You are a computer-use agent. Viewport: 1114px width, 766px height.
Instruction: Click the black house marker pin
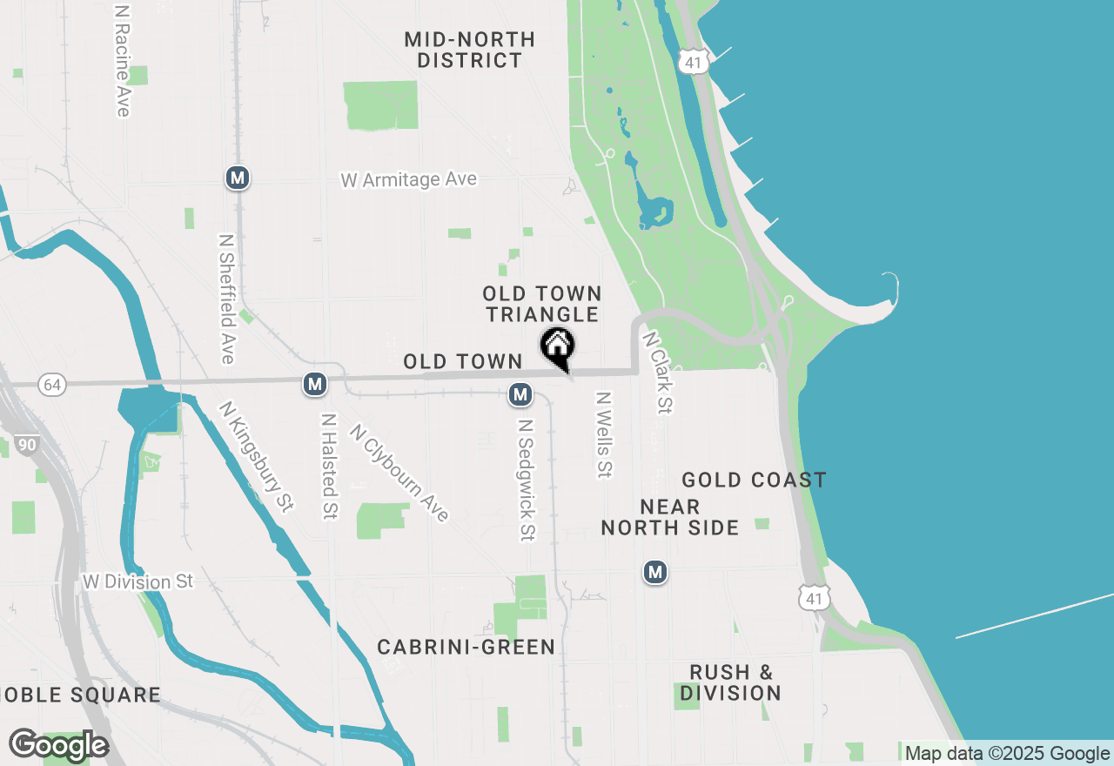point(557,346)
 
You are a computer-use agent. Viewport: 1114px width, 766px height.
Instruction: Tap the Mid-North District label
point(470,50)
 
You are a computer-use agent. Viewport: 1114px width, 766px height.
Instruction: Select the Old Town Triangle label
point(542,304)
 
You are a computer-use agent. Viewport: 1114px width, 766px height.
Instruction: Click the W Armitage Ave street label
point(408,179)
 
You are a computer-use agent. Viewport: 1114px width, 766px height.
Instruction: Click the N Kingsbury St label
point(256,455)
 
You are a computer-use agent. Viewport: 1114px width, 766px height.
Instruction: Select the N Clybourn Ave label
point(399,473)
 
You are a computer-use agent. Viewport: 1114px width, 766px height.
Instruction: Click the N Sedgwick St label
point(525,480)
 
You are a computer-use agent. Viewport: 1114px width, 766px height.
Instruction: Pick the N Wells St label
point(603,433)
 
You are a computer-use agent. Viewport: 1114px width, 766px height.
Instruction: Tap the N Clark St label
point(658,370)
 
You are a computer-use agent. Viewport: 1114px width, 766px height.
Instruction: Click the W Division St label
point(138,581)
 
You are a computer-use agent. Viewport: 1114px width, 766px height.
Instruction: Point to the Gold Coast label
point(754,480)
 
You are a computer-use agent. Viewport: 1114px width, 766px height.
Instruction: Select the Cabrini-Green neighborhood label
point(466,647)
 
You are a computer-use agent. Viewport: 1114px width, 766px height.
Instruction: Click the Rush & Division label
point(730,682)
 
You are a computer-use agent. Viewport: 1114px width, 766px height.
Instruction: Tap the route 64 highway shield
point(53,385)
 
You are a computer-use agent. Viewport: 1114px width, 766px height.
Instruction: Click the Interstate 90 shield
point(27,445)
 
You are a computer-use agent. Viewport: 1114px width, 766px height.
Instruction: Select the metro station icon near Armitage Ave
point(237,178)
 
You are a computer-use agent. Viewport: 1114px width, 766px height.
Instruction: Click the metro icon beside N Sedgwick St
point(520,394)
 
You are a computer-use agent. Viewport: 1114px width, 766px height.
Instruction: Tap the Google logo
point(58,745)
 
